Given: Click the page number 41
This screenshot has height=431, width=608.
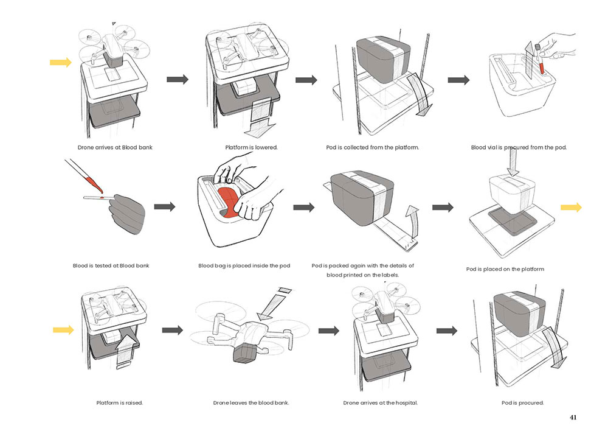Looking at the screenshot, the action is pos(573,418).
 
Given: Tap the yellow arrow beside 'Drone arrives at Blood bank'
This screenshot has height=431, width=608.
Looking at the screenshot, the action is pos(61,62).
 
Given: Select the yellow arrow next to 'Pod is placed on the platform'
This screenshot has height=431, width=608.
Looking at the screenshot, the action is pos(571,208).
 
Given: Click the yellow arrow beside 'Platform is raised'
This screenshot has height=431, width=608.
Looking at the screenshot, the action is pos(63,330).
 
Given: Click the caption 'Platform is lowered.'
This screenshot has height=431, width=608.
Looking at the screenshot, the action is pos(251,147).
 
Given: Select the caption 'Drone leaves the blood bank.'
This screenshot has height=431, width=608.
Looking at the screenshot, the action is pos(251,403).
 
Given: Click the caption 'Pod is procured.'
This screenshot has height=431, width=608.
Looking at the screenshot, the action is pos(522,403).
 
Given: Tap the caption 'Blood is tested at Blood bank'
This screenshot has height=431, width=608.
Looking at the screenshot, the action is pos(111,265).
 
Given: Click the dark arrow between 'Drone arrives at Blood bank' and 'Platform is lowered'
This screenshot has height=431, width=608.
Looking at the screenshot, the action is pos(178,79).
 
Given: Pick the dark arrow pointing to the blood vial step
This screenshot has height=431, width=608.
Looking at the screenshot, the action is pos(458,80).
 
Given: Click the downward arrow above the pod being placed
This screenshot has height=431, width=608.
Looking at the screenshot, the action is pos(513,163).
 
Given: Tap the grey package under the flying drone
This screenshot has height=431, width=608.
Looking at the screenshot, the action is pos(244,352).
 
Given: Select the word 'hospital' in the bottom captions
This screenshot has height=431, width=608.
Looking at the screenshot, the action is pos(406,403).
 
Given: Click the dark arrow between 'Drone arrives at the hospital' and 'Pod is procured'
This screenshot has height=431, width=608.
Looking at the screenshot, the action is pos(447,331).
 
